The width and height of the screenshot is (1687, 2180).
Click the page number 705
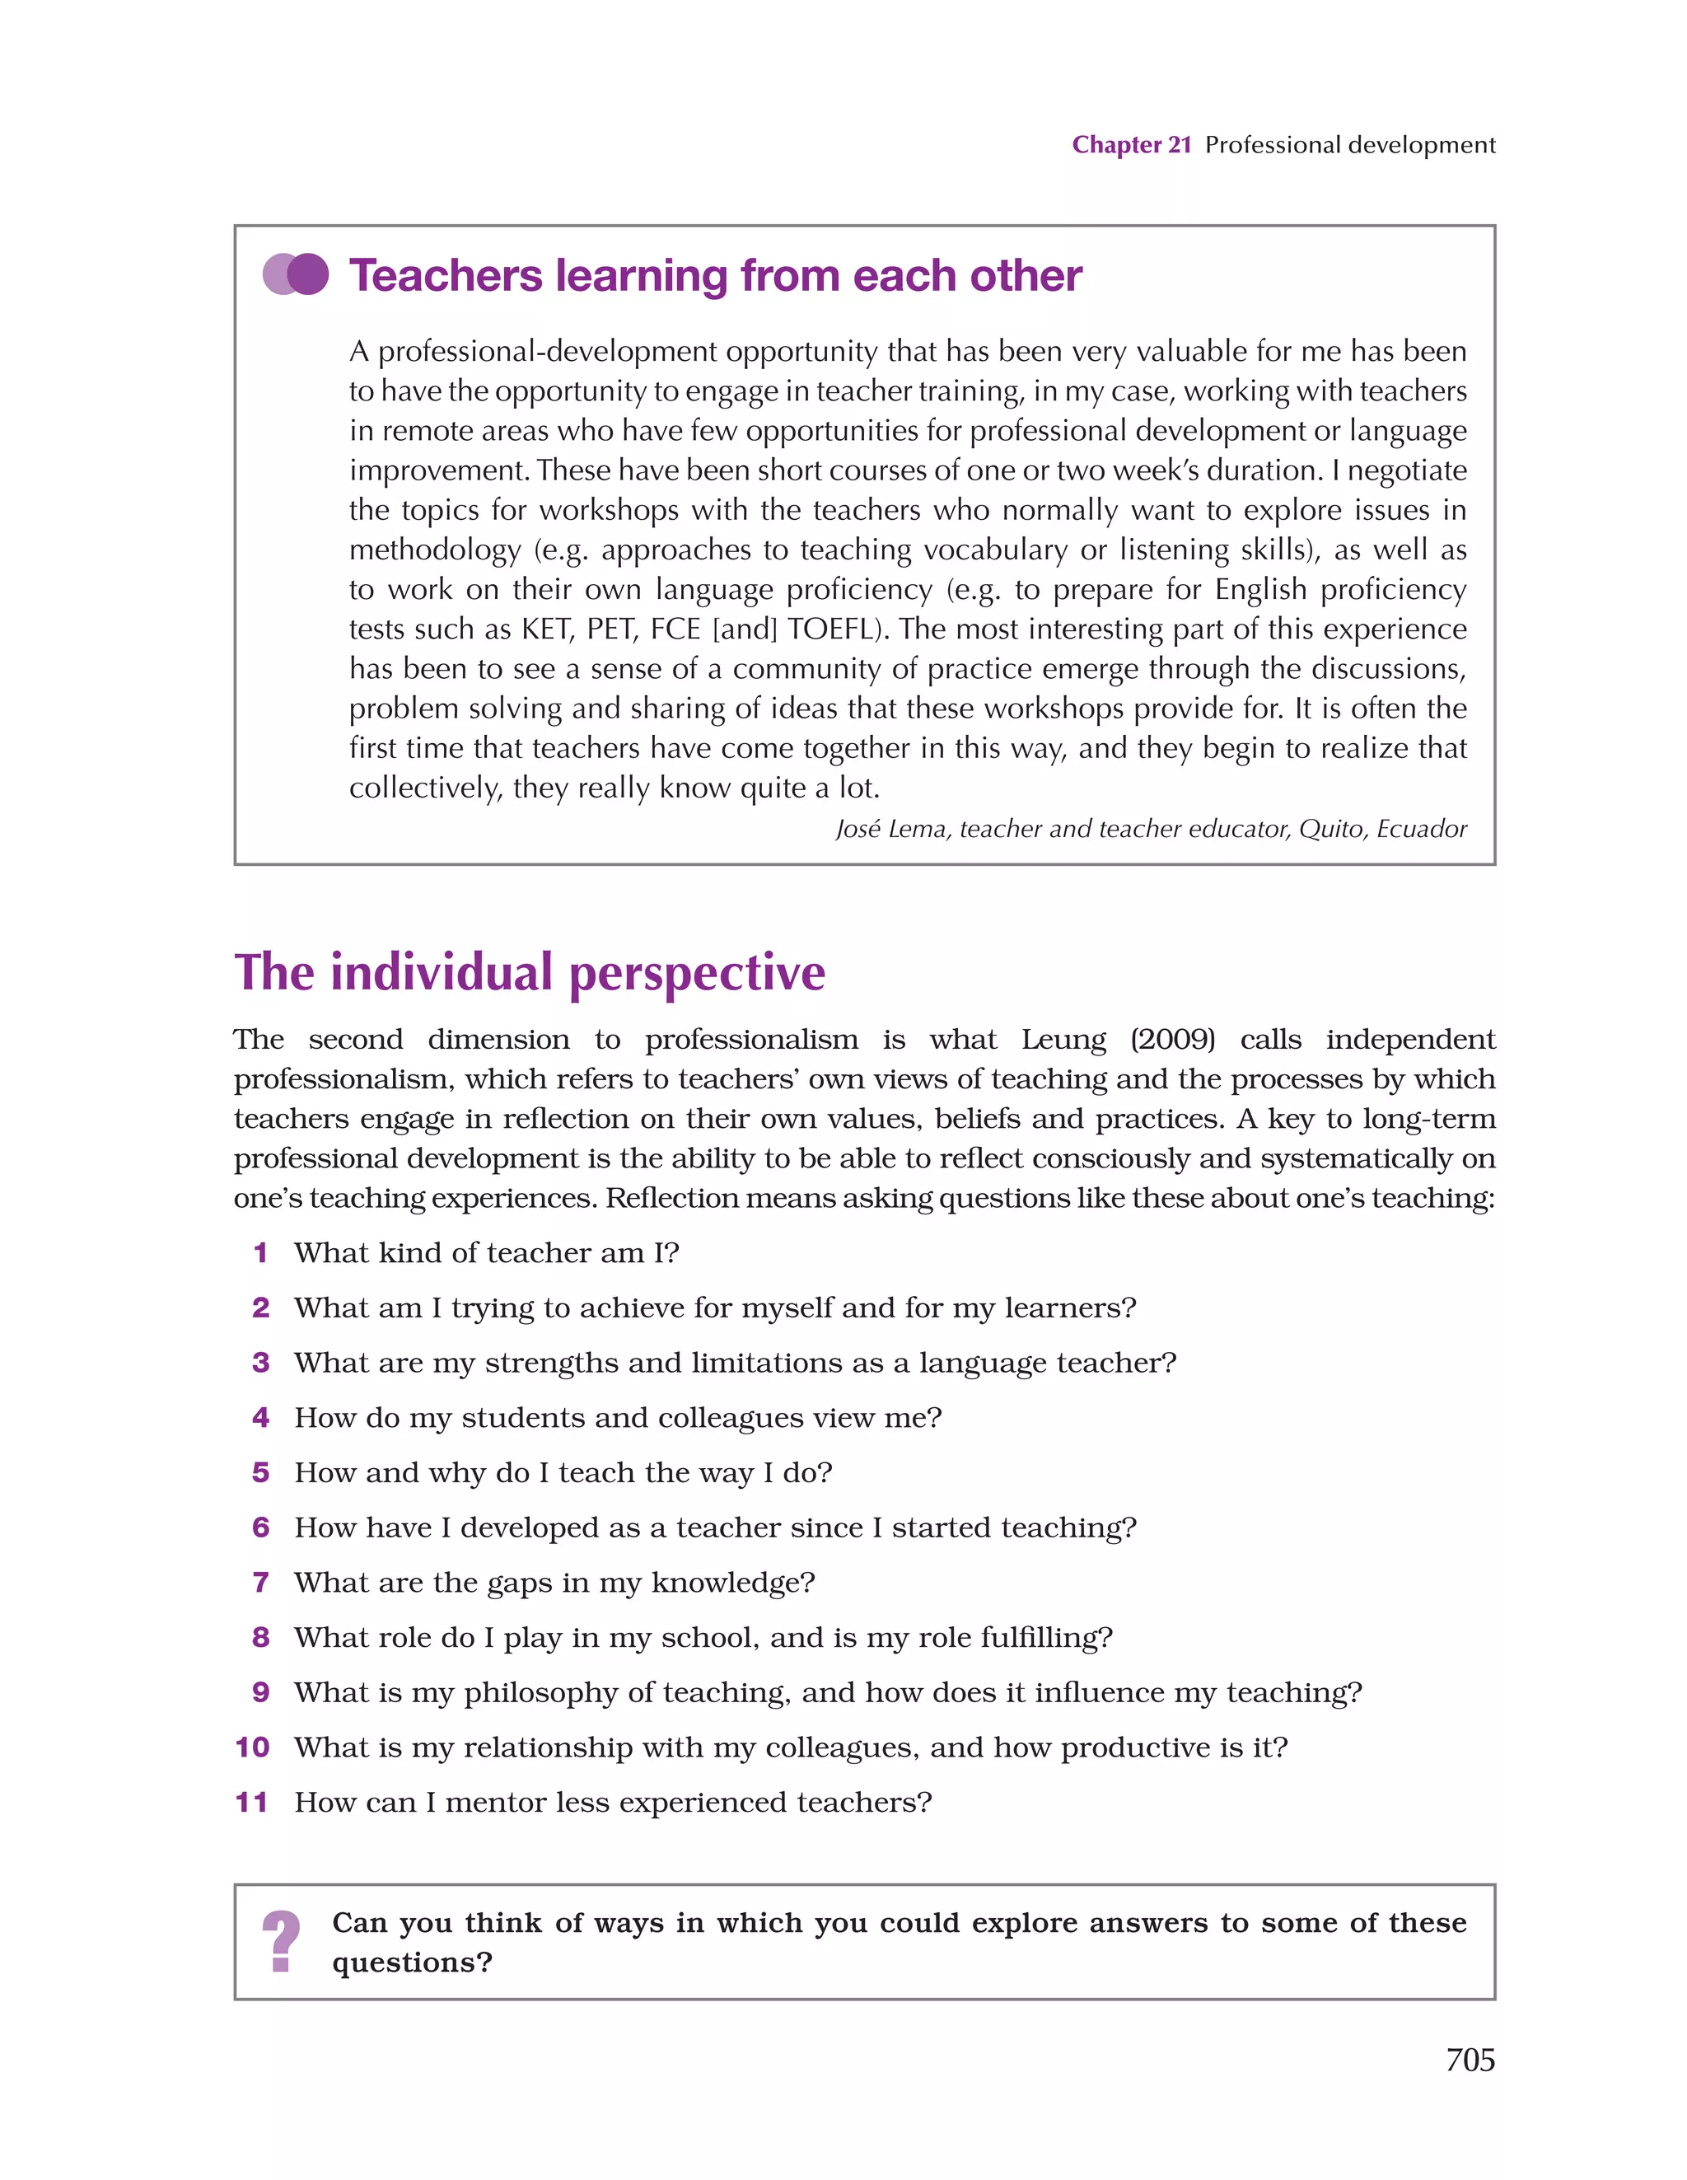coord(1470,2059)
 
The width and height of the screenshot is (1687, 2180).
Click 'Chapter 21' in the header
coord(1131,145)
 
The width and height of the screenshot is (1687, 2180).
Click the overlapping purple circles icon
coord(296,274)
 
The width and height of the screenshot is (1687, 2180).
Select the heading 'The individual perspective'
coord(529,972)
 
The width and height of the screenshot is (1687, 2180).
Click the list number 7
coord(260,1582)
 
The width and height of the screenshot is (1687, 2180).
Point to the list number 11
coord(251,1802)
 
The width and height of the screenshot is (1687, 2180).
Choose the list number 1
coord(260,1252)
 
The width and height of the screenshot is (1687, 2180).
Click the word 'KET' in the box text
coord(545,629)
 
